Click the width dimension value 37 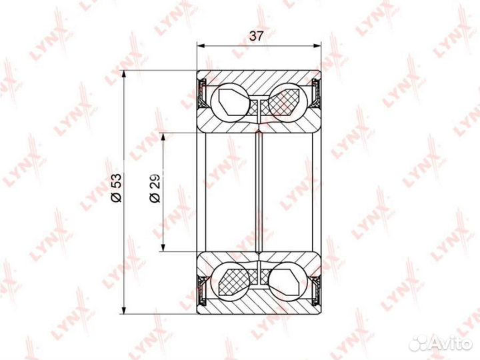pyautogui.click(x=256, y=36)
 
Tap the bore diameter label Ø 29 pyautogui.click(x=155, y=188)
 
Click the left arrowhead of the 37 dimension pyautogui.click(x=201, y=46)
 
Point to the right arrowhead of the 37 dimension pyautogui.click(x=317, y=46)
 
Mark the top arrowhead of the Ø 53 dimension pyautogui.click(x=124, y=75)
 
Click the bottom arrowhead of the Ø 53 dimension pyautogui.click(x=124, y=309)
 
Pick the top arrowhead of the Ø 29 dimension pyautogui.click(x=163, y=137)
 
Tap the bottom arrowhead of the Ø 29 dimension pyautogui.click(x=163, y=247)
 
